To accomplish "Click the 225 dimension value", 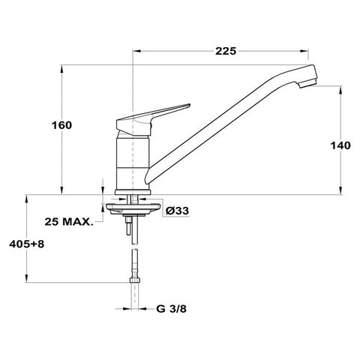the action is click(226, 51).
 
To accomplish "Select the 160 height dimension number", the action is click(61, 125).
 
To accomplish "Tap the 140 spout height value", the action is click(340, 145).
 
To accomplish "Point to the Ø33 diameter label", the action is click(177, 211).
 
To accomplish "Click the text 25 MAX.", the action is click(69, 221).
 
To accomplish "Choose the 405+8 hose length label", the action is click(27, 244).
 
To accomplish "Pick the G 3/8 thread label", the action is click(171, 309).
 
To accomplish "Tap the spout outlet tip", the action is click(307, 84).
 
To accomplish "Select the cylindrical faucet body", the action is click(133, 163).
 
